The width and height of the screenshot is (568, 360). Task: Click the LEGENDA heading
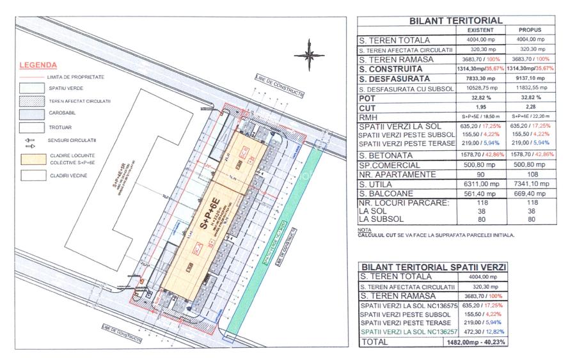38,65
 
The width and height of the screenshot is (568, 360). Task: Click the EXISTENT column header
480,30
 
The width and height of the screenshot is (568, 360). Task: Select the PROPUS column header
530,30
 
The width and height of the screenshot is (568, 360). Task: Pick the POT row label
367,99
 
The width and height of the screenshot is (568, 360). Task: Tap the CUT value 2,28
529,109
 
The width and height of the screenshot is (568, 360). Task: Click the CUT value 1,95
480,109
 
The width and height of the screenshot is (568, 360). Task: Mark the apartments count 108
529,174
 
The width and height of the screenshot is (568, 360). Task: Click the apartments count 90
480,174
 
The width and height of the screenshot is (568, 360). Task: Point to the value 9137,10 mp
529,79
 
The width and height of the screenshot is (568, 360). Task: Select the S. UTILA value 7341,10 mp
529,184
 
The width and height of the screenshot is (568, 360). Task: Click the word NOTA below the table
365,230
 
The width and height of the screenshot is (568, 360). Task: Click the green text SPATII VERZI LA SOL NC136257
407,333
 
